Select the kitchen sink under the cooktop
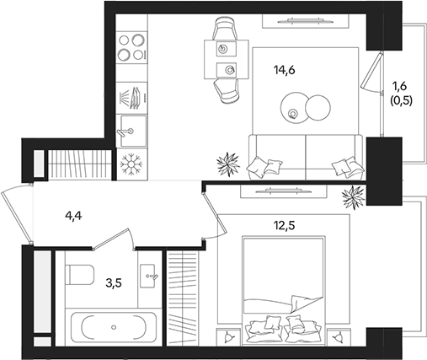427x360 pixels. point(131,129)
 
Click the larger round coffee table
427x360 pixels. point(318,109)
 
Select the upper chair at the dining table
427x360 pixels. point(225,30)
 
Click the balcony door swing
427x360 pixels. point(371,80)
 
